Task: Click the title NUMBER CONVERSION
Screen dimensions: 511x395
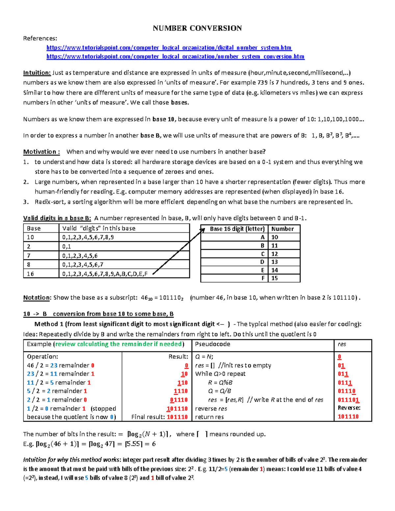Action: tap(197, 28)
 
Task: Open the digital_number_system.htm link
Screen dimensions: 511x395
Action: tap(169, 48)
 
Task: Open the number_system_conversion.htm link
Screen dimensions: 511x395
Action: tap(175, 57)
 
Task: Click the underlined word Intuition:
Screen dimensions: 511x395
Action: tap(37, 73)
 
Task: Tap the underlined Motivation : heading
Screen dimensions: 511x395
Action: tap(41, 152)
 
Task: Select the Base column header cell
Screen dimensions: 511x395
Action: tap(34, 228)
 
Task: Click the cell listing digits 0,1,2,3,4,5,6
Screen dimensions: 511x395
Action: tap(80, 256)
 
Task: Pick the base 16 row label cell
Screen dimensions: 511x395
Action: tap(31, 274)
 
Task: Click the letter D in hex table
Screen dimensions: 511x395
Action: tap(262, 262)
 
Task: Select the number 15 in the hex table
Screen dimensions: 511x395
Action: tap(275, 278)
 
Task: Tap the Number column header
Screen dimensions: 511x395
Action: tap(282, 229)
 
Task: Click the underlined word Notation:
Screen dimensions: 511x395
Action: tap(37, 297)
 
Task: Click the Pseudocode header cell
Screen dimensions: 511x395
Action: tap(213, 344)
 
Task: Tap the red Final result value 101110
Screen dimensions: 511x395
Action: tap(177, 417)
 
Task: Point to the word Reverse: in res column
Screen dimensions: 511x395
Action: tap(349, 408)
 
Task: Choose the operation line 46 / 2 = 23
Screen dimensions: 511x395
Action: tap(61, 365)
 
